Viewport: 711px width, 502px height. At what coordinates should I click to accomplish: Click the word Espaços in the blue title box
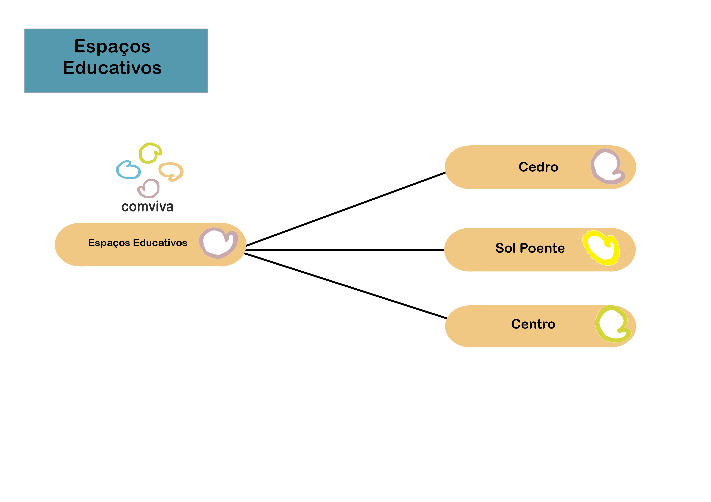point(112,47)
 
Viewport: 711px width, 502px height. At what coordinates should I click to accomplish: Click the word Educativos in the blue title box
point(112,68)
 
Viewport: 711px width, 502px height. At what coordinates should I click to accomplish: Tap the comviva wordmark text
point(147,207)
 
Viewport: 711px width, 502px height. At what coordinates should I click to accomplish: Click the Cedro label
point(538,167)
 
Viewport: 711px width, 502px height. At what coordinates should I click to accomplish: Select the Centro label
point(533,324)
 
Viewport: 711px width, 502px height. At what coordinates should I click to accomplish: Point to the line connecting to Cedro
point(346,209)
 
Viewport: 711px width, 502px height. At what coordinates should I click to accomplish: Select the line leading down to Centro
point(346,286)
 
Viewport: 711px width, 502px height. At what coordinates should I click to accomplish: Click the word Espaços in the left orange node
point(109,243)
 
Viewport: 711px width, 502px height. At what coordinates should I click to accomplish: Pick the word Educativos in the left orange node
point(160,243)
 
